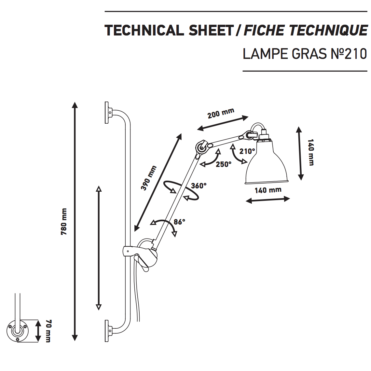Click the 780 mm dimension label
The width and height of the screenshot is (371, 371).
pyautogui.click(x=64, y=222)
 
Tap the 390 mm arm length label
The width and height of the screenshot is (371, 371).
pyautogui.click(x=149, y=178)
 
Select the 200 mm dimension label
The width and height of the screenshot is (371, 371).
pyautogui.click(x=221, y=113)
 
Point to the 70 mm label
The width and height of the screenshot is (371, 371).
pyautogui.click(x=48, y=331)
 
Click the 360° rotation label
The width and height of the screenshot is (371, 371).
pyautogui.click(x=199, y=186)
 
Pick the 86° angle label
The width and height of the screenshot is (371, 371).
pyautogui.click(x=179, y=222)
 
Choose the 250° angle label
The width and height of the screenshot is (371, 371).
pyautogui.click(x=223, y=164)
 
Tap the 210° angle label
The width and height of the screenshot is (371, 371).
pyautogui.click(x=247, y=151)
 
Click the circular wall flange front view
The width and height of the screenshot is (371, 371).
pyautogui.click(x=17, y=331)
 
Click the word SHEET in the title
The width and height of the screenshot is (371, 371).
pyautogui.click(x=211, y=31)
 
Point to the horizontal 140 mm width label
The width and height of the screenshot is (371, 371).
pyautogui.click(x=268, y=190)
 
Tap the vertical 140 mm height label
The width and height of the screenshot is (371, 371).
pyautogui.click(x=311, y=152)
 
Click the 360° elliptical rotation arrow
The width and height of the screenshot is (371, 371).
pyautogui.click(x=181, y=191)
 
